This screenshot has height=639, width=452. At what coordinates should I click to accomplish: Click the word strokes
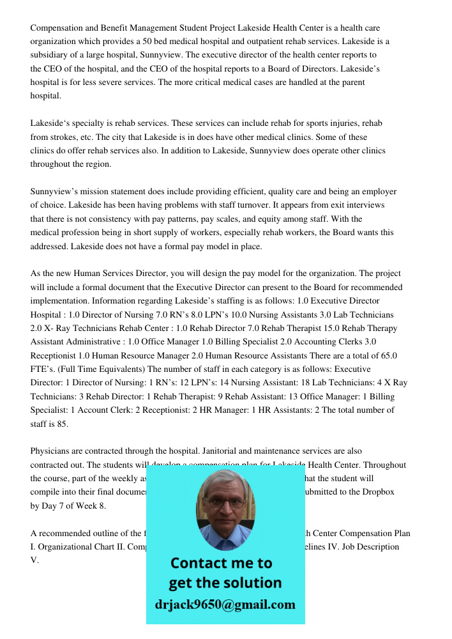tap(62, 137)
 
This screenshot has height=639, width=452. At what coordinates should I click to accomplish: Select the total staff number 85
tap(61, 423)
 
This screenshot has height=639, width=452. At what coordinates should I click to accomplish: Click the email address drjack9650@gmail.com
tap(225, 604)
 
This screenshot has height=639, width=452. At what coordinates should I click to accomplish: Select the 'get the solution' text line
tap(225, 583)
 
